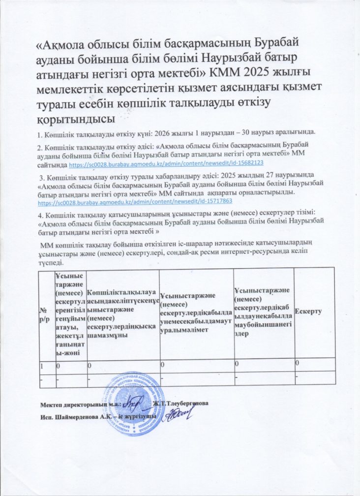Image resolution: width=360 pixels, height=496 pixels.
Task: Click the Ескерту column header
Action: (x=308, y=312)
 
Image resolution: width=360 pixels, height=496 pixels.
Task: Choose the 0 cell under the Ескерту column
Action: (x=297, y=364)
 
